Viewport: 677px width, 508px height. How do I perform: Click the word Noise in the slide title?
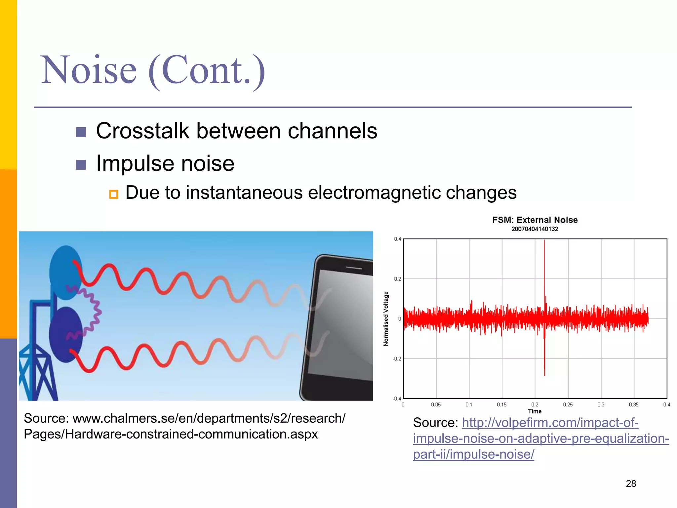click(89, 70)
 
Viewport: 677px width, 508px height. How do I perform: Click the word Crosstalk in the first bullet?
click(142, 131)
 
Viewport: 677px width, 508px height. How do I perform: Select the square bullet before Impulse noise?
click(81, 164)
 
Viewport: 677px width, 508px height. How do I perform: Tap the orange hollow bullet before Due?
click(113, 194)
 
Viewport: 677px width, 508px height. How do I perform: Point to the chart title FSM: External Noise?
click(535, 220)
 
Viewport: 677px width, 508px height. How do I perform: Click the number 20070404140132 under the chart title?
click(535, 229)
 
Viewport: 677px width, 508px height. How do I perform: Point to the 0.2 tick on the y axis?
click(397, 279)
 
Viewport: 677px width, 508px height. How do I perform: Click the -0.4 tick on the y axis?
click(397, 399)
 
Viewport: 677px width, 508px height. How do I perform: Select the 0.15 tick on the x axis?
click(501, 404)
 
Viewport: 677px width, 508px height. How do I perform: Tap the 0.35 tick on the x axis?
click(633, 404)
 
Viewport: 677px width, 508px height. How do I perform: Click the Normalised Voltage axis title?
click(386, 319)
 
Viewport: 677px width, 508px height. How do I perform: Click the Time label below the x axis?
click(535, 411)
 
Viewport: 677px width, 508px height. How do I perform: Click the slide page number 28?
click(631, 484)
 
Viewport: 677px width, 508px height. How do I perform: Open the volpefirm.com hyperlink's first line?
click(550, 423)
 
